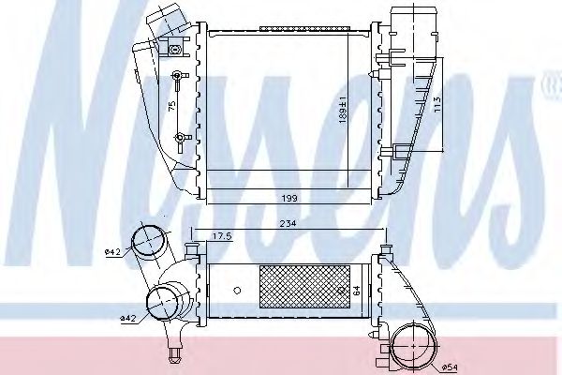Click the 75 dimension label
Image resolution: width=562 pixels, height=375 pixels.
[170, 107]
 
